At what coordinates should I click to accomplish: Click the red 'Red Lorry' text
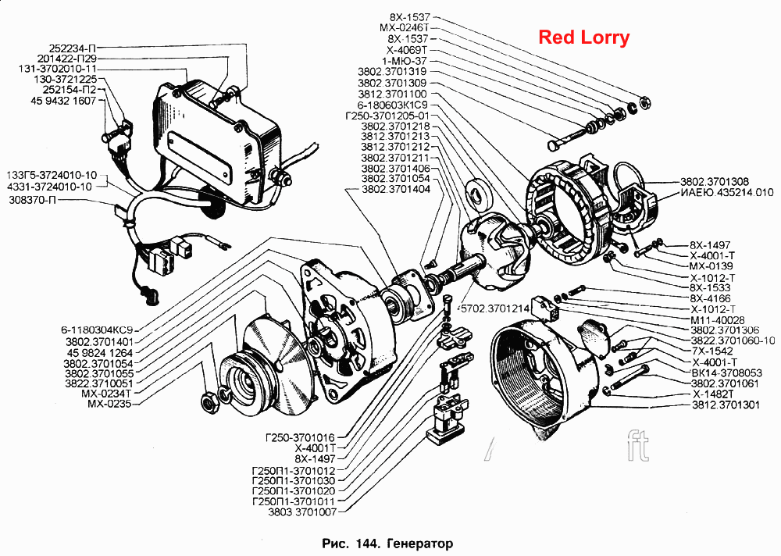(x=584, y=37)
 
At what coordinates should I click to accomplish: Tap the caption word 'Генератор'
(x=419, y=543)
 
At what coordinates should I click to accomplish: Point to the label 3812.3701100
(x=392, y=94)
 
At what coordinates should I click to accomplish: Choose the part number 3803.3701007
(x=301, y=512)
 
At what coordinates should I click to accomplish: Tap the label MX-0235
(x=109, y=404)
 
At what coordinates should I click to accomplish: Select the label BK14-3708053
(x=726, y=372)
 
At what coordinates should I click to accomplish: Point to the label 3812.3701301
(x=726, y=405)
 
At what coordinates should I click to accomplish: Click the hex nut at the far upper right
(x=645, y=102)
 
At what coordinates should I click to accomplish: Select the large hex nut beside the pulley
(x=209, y=401)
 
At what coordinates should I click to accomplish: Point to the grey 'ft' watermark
(x=639, y=445)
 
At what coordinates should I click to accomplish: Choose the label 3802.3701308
(x=715, y=182)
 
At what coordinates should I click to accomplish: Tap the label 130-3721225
(x=66, y=79)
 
